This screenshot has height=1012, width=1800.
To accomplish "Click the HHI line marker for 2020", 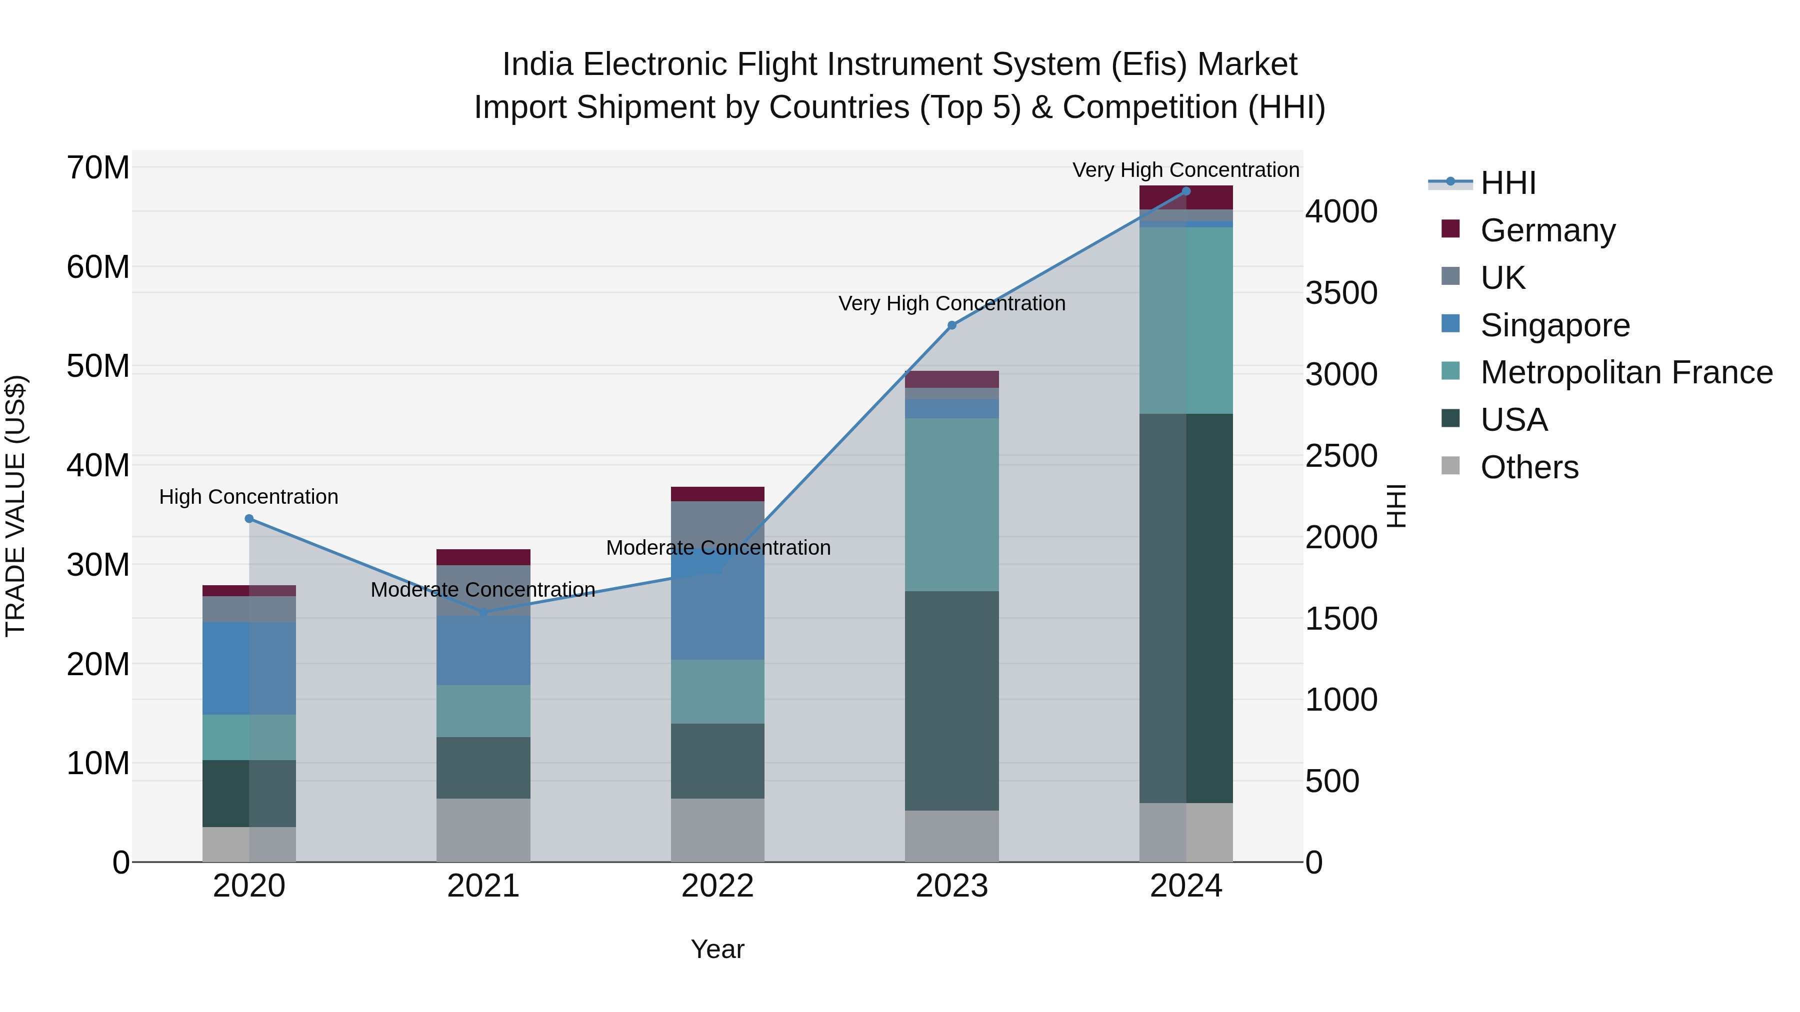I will click(x=249, y=519).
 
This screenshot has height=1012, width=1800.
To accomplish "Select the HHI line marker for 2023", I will click(x=951, y=325).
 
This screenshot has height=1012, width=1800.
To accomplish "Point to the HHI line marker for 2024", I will click(x=1186, y=191).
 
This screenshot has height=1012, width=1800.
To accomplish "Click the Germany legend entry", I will click(x=1547, y=230).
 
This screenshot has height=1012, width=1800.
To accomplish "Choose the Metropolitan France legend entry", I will click(x=1625, y=373).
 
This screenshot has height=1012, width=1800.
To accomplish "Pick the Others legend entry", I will click(x=1529, y=468).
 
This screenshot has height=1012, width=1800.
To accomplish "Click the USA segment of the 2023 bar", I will click(x=951, y=701).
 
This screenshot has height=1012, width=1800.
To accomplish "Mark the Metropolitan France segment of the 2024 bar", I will click(x=1186, y=320).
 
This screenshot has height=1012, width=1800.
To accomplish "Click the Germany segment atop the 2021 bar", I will click(x=483, y=557).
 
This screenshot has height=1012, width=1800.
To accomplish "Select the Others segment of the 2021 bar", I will click(x=483, y=830).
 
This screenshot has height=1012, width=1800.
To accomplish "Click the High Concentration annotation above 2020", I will click(x=249, y=497).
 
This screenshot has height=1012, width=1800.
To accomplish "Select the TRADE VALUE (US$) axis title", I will click(x=15, y=506).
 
